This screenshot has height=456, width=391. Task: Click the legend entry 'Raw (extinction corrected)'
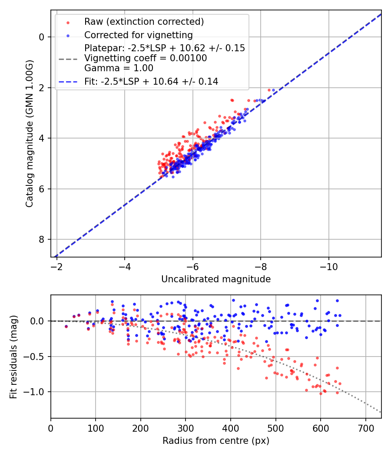144,22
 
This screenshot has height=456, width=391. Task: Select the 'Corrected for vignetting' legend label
138,35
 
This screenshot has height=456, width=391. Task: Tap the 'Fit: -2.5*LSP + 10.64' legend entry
151,81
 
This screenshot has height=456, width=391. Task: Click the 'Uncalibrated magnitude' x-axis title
216,279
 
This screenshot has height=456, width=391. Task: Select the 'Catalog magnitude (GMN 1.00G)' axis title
29,133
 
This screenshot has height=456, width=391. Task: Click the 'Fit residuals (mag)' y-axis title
13,357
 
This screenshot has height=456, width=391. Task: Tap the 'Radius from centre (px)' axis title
216,441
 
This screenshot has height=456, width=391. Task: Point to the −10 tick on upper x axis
328,265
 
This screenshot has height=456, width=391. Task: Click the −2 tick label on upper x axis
57,265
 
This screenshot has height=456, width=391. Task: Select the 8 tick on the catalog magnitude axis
42,240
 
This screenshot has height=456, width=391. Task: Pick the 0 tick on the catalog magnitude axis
42,37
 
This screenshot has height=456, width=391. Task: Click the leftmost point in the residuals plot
66,326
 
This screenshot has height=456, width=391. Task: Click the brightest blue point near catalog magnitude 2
273,90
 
